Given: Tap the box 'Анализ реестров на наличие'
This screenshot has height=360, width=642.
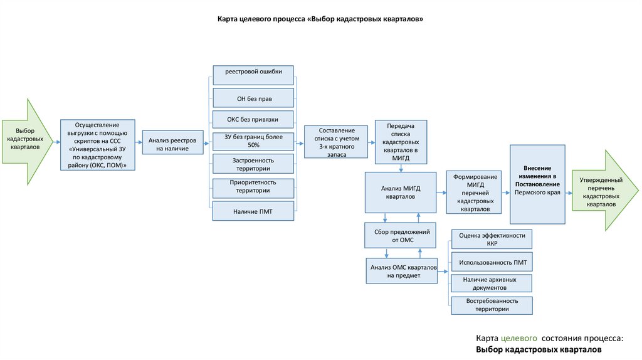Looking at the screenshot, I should point(172,142).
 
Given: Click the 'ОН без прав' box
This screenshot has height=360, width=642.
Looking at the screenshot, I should point(253,97).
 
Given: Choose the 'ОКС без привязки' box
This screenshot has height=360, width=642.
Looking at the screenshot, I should point(253,119).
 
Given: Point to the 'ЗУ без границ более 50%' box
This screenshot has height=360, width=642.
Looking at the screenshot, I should point(253,141).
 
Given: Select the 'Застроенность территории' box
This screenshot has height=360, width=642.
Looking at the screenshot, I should point(253,164).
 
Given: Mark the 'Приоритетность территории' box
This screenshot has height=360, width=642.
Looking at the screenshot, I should point(253,186).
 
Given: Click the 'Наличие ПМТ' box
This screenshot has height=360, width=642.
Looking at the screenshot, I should point(253,210).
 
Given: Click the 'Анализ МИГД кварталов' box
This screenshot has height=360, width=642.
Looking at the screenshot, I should point(401,192).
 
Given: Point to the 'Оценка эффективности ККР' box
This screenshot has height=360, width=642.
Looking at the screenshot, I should point(492,239).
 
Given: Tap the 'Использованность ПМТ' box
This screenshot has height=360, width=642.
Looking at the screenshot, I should point(492,262).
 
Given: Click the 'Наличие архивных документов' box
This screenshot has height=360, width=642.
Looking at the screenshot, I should point(492,283).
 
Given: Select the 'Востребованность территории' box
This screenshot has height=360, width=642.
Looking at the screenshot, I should point(492,305).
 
